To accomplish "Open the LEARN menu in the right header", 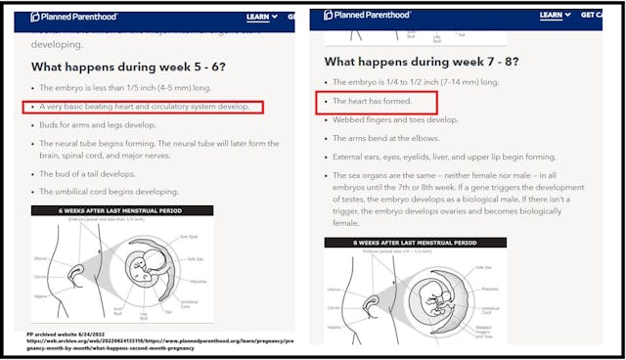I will [554, 15].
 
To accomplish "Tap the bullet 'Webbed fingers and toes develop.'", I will [395, 119].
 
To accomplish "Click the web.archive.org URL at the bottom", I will [156, 342].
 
